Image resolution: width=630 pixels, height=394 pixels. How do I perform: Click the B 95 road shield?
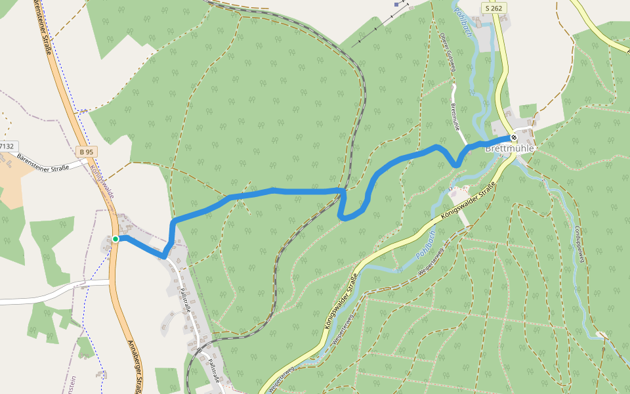tap(86, 152)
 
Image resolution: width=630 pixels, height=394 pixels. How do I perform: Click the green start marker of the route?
tap(115, 239)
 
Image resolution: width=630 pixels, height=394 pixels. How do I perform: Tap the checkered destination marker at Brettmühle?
tap(514, 137)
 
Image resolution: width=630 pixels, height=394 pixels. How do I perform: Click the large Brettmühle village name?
tap(510, 149)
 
